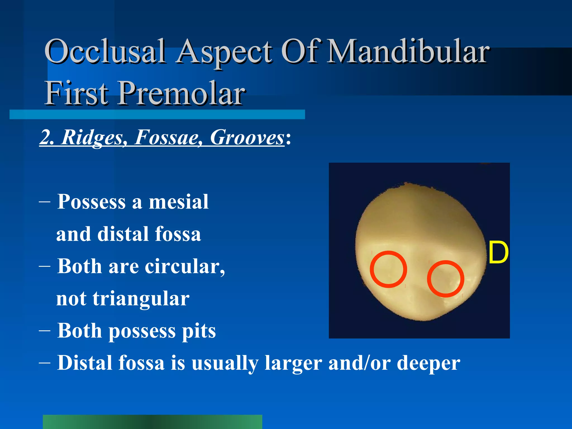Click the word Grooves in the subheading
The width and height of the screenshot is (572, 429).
pyautogui.click(x=247, y=137)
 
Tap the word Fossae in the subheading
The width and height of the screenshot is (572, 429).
pyautogui.click(x=167, y=137)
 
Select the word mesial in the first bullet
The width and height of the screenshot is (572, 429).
pyautogui.click(x=179, y=202)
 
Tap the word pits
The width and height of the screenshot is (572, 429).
pyautogui.click(x=199, y=331)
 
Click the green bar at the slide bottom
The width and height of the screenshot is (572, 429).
pyautogui.click(x=152, y=422)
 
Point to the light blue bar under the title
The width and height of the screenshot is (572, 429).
pyautogui.click(x=157, y=115)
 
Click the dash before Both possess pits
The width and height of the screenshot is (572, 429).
pyautogui.click(x=45, y=331)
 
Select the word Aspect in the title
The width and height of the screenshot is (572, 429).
pyautogui.click(x=225, y=52)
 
